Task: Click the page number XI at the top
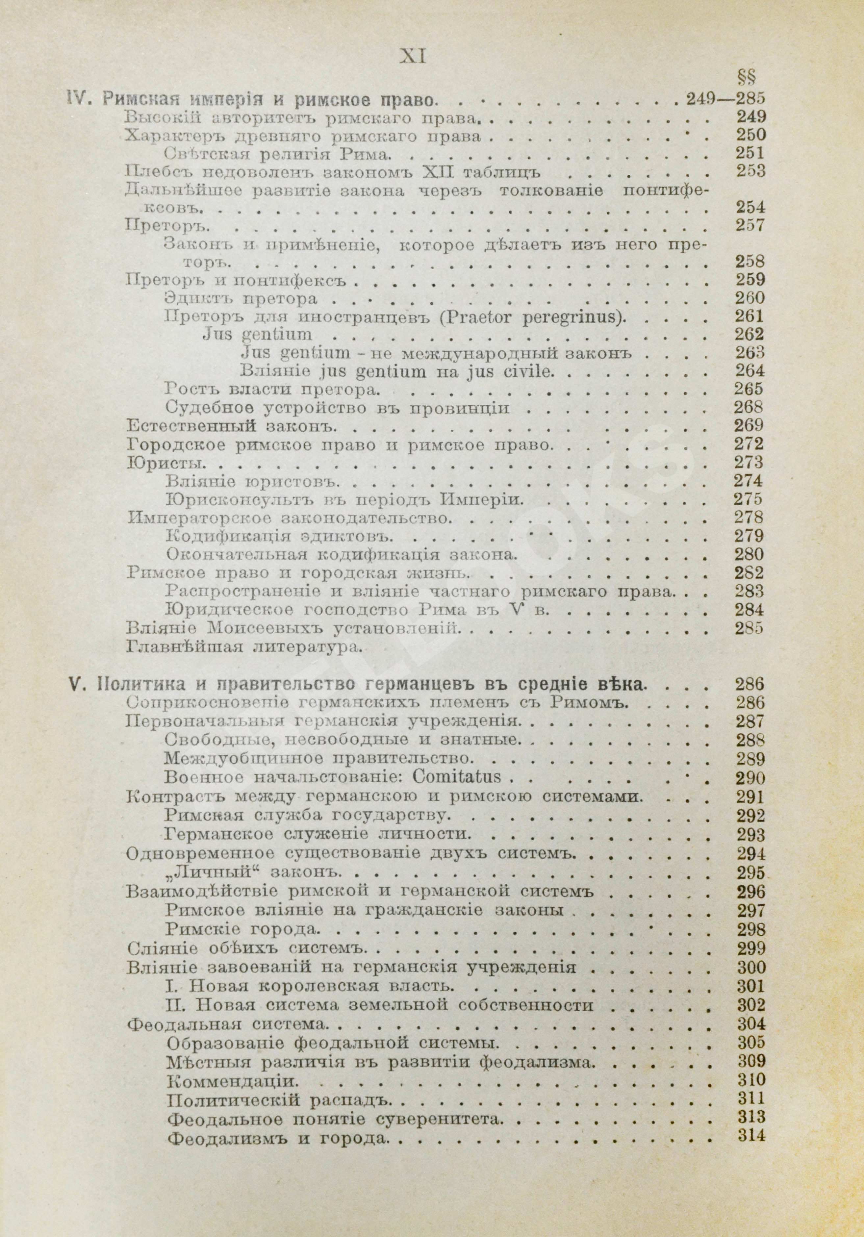click(413, 56)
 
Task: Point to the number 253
click(749, 172)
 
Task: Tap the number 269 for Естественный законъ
click(749, 426)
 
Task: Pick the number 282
click(749, 573)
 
